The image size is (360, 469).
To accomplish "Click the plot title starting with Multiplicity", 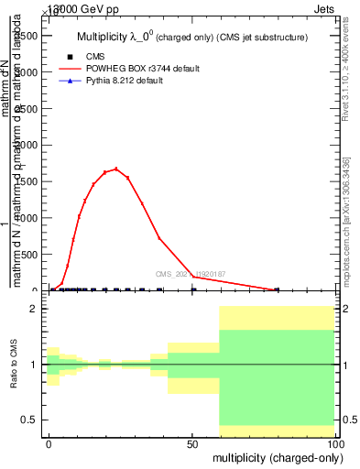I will point(191,37).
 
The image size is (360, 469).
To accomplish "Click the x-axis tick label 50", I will point(192,444).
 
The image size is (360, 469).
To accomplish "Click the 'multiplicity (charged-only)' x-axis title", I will point(272,457).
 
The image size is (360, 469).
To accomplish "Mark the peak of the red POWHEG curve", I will point(115,169).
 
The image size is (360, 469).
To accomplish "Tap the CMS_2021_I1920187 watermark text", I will point(191,274).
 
